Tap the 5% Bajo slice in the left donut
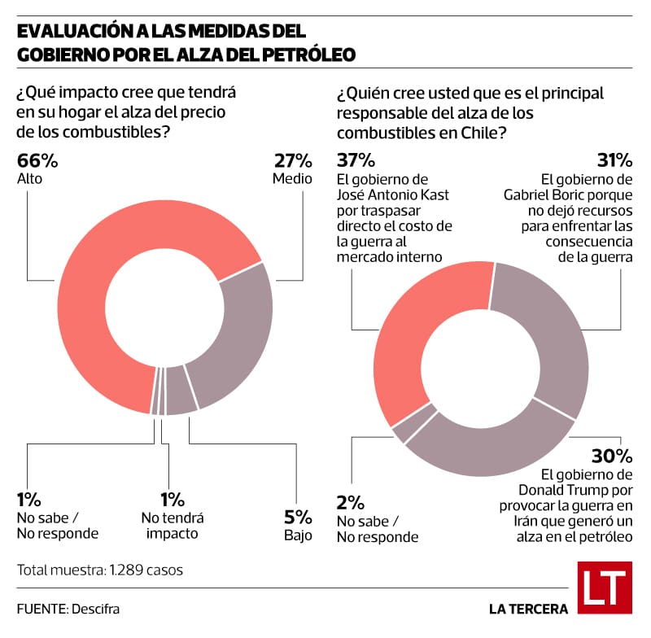[x=181, y=398]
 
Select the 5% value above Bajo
[x=298, y=517]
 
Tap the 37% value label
[x=355, y=159]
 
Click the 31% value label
[x=614, y=159]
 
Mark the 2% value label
[x=352, y=501]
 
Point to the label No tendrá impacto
[x=173, y=526]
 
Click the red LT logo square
[x=605, y=587]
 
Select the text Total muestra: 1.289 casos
[x=99, y=570]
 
